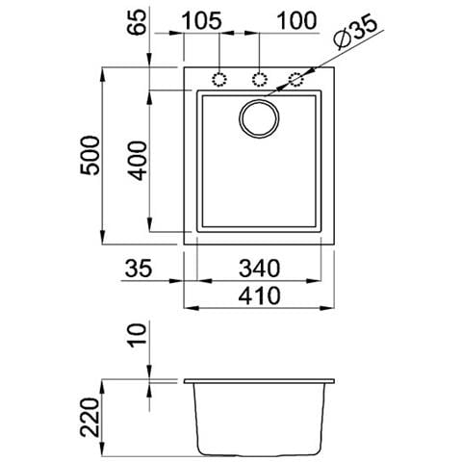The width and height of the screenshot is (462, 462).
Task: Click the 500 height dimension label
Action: [x=90, y=156]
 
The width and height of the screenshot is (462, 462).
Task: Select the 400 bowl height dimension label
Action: [x=138, y=161]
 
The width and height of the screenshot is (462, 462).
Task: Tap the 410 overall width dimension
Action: [x=259, y=295]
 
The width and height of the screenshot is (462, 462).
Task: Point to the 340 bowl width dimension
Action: [x=259, y=269]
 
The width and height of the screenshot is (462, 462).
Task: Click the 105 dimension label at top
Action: [x=201, y=21]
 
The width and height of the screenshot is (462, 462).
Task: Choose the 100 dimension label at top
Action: [x=296, y=21]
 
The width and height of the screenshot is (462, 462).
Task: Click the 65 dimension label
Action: [x=137, y=22]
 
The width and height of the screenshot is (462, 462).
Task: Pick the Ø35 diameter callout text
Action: [x=355, y=32]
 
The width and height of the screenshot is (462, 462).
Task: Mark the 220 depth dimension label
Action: [x=90, y=417]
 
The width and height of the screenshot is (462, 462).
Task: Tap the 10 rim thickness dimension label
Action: [x=137, y=335]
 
